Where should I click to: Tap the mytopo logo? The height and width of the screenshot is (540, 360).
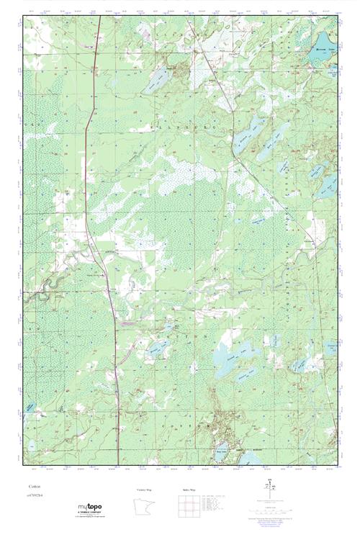(x=88, y=508)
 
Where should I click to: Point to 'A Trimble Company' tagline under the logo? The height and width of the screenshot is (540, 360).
(x=89, y=514)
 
